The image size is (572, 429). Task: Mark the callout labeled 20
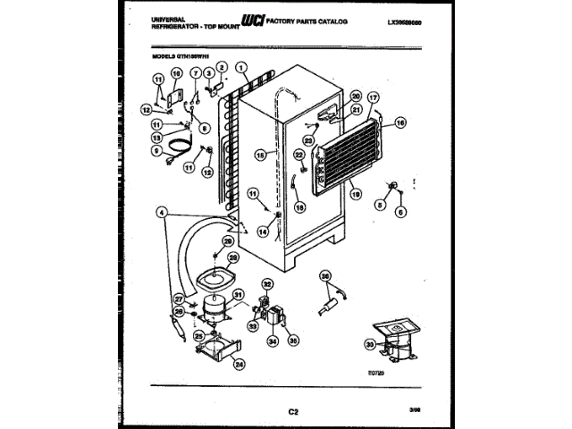point(356,97)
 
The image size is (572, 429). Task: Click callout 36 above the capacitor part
point(325,276)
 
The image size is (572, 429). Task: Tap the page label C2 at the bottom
point(292,410)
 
